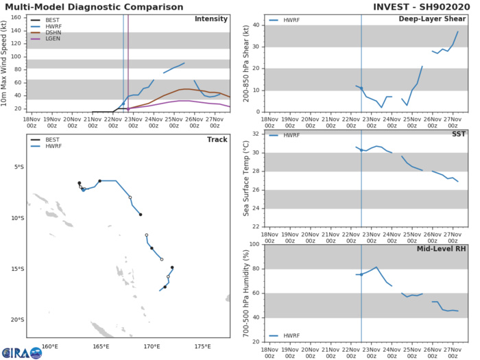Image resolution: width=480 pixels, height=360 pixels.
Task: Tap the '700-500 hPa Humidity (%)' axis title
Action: tap(246, 293)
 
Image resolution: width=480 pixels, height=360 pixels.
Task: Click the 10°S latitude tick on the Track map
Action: tap(19, 218)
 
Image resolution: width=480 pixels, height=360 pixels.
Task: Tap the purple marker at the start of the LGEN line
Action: tap(128, 108)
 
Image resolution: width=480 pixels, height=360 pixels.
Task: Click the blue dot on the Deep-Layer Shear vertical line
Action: tap(361, 88)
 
